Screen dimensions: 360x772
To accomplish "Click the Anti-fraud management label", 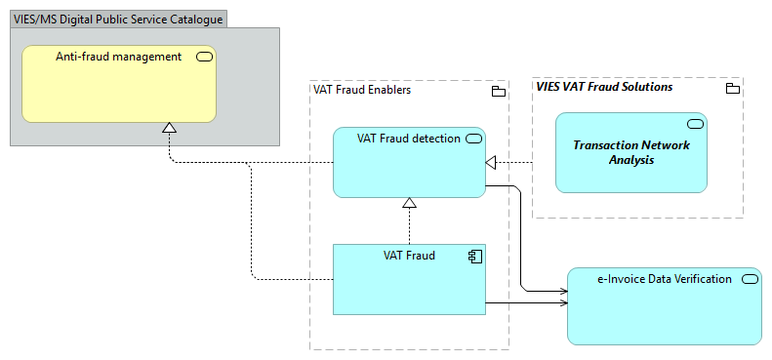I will point(118,57).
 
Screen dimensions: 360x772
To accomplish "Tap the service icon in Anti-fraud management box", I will point(204,57).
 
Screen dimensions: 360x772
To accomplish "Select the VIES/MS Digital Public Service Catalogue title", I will point(117,19).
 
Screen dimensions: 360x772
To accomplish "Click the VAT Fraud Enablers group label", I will point(362,90).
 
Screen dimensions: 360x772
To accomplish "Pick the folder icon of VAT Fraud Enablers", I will point(498,92).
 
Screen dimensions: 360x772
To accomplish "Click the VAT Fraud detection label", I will point(408,139).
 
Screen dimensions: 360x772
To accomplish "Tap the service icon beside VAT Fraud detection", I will point(473,139).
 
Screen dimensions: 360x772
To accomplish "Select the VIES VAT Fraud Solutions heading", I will point(604,87).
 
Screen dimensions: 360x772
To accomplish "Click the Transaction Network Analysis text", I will point(630,152).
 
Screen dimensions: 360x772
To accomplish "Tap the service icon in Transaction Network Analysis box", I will point(696,124).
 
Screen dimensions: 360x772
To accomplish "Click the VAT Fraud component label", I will point(409,256).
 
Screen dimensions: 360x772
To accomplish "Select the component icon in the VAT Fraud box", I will point(473,257).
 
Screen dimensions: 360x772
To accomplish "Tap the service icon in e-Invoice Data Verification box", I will point(750,279).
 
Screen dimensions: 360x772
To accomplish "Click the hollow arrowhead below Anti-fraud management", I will point(169,128).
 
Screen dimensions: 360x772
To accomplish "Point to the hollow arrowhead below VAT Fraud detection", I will point(410,203).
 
